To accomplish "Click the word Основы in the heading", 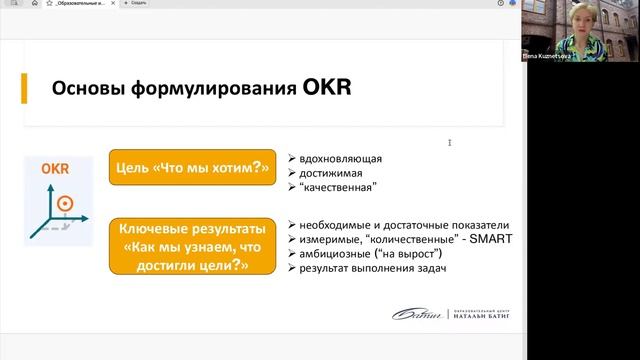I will pyautogui.click(x=87, y=92).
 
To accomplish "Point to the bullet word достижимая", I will pyautogui.click(x=331, y=172).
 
